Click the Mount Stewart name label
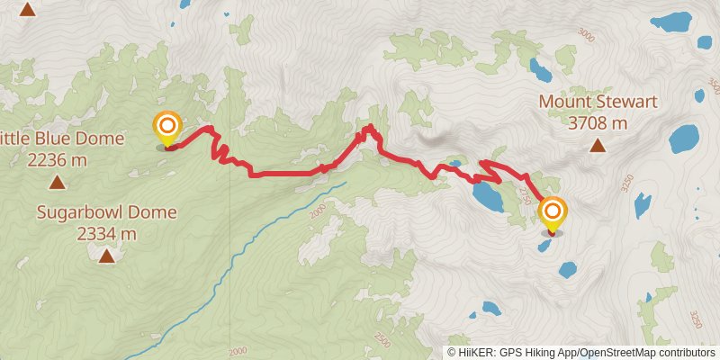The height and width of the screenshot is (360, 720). pos(596,102)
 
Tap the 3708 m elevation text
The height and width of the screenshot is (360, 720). pos(597,122)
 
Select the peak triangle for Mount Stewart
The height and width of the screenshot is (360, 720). pos(597,145)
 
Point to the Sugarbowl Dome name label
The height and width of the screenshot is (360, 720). pos(107,212)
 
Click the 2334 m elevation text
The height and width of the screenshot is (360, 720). pos(107,234)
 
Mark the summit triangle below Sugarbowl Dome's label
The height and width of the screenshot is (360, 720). pos(107,256)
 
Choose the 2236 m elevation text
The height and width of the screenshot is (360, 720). pos(57,160)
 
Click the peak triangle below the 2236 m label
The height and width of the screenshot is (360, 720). pos(57,183)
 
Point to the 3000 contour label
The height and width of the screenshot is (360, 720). pos(587,36)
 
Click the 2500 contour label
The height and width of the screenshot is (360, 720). pos(383,340)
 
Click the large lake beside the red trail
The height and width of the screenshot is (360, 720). pos(487,195)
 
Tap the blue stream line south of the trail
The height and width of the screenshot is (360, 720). pos(270,232)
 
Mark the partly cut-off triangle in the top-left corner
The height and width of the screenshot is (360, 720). pos(28,10)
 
